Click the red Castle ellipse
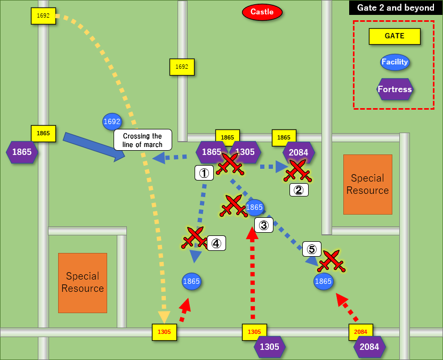[x=262, y=12]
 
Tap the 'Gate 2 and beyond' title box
[x=395, y=7]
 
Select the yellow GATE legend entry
[x=394, y=36]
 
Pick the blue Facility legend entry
[x=394, y=62]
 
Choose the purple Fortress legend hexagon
[x=394, y=89]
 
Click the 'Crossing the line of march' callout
[x=142, y=140]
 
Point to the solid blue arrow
[x=94, y=146]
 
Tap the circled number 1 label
[x=204, y=172]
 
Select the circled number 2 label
[x=299, y=190]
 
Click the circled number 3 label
[x=263, y=225]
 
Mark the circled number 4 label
[x=216, y=243]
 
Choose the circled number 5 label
[x=312, y=249]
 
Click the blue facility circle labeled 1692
[x=112, y=121]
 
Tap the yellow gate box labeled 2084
[x=360, y=332]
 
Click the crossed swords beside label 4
[x=194, y=238]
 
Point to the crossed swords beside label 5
[x=332, y=261]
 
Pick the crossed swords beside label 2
[x=297, y=170]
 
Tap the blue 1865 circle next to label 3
[x=255, y=207]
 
